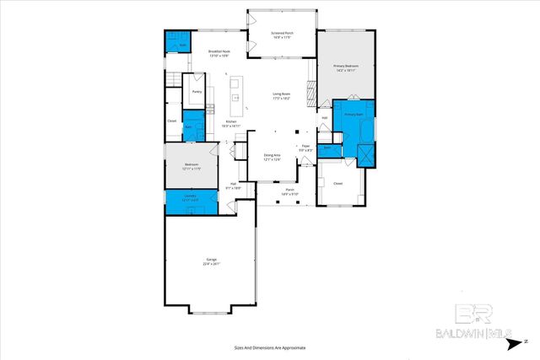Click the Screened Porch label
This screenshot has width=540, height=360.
coord(282,35)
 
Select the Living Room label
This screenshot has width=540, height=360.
coord(282,95)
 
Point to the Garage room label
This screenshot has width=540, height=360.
coord(211,262)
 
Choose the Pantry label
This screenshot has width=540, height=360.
coord(197,91)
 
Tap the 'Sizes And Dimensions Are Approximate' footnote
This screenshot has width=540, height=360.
coord(270,347)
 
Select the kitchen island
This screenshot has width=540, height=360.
coord(237,96)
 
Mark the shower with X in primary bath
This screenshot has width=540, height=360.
coord(367,153)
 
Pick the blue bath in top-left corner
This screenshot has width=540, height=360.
coord(175,45)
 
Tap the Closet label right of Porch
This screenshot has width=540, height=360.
coord(337,183)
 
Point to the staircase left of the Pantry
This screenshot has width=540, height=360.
coord(175,79)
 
